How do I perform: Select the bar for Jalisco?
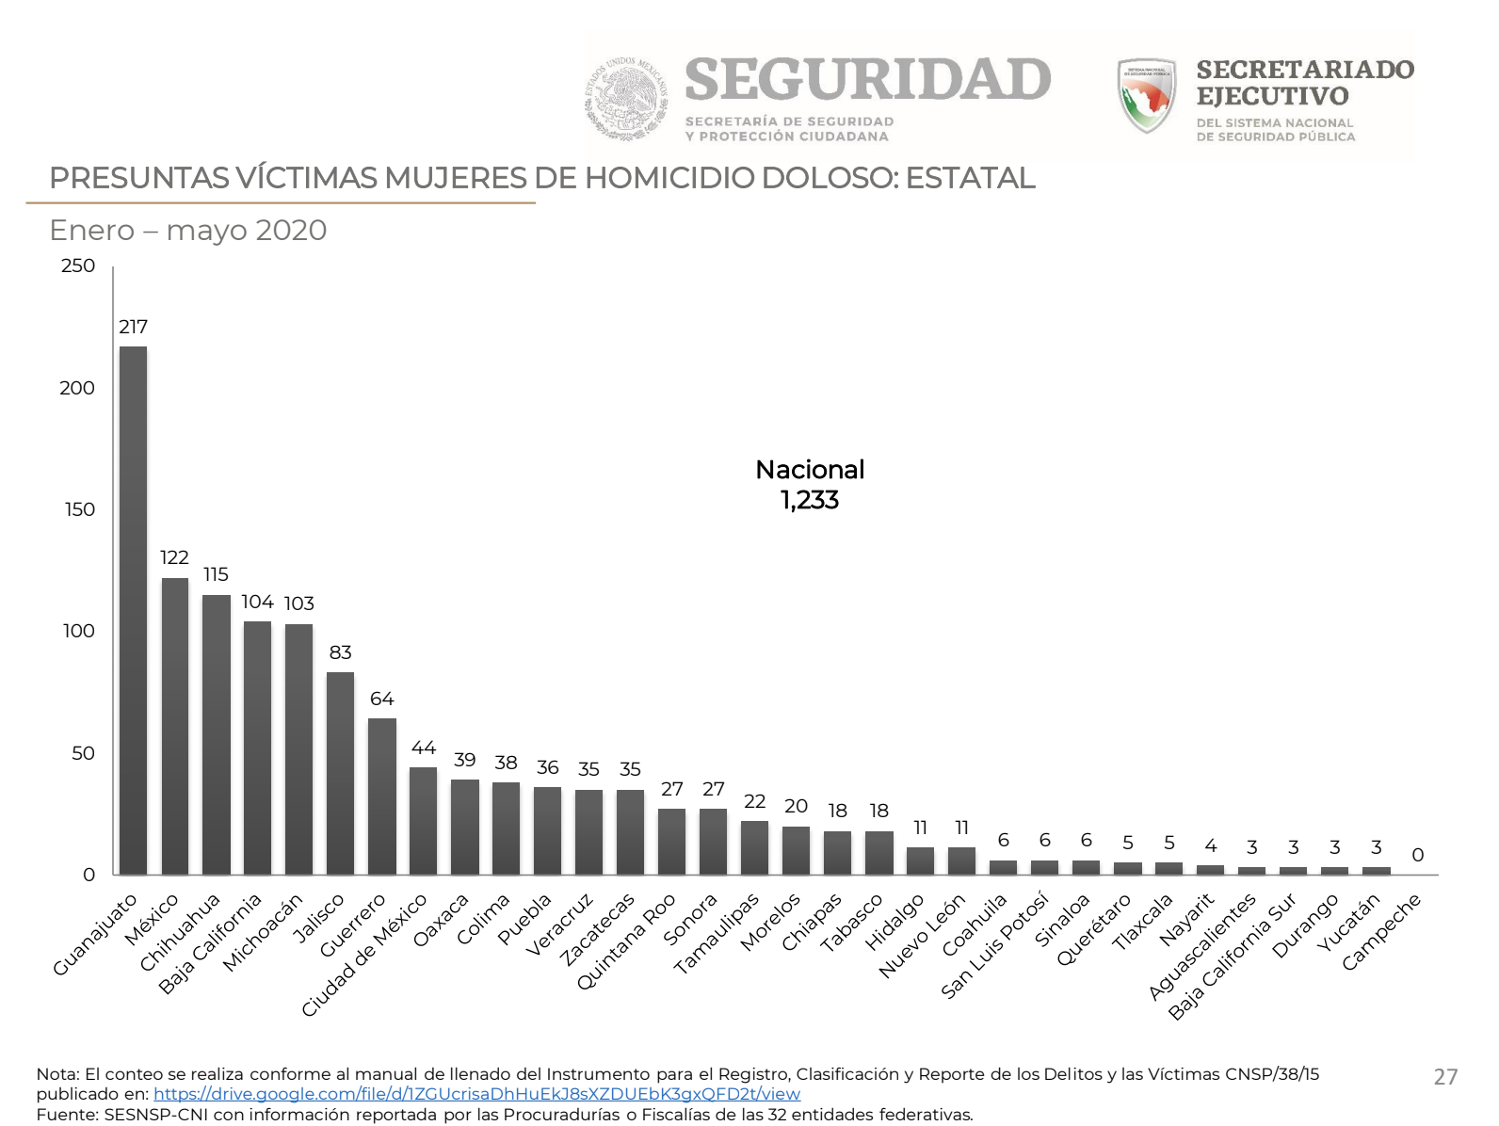[x=340, y=773]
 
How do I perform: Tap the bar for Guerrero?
[x=381, y=796]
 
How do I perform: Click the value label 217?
[x=133, y=327]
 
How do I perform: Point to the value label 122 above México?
[x=174, y=557]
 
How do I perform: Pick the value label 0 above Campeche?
[x=1417, y=855]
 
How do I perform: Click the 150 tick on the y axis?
[x=80, y=509]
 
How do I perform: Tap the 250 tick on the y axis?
[x=78, y=265]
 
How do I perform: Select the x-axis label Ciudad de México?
[x=365, y=954]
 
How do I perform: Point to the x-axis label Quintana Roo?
[x=626, y=941]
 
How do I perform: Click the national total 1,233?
[x=810, y=500]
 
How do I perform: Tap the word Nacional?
[x=810, y=470]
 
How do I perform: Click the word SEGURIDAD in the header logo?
[x=867, y=80]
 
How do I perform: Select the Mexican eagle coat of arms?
[x=626, y=98]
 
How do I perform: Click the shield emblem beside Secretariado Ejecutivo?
[x=1146, y=95]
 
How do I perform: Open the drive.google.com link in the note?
[x=476, y=1094]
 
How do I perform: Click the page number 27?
[x=1445, y=1077]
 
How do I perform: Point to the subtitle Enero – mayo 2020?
[x=188, y=230]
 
